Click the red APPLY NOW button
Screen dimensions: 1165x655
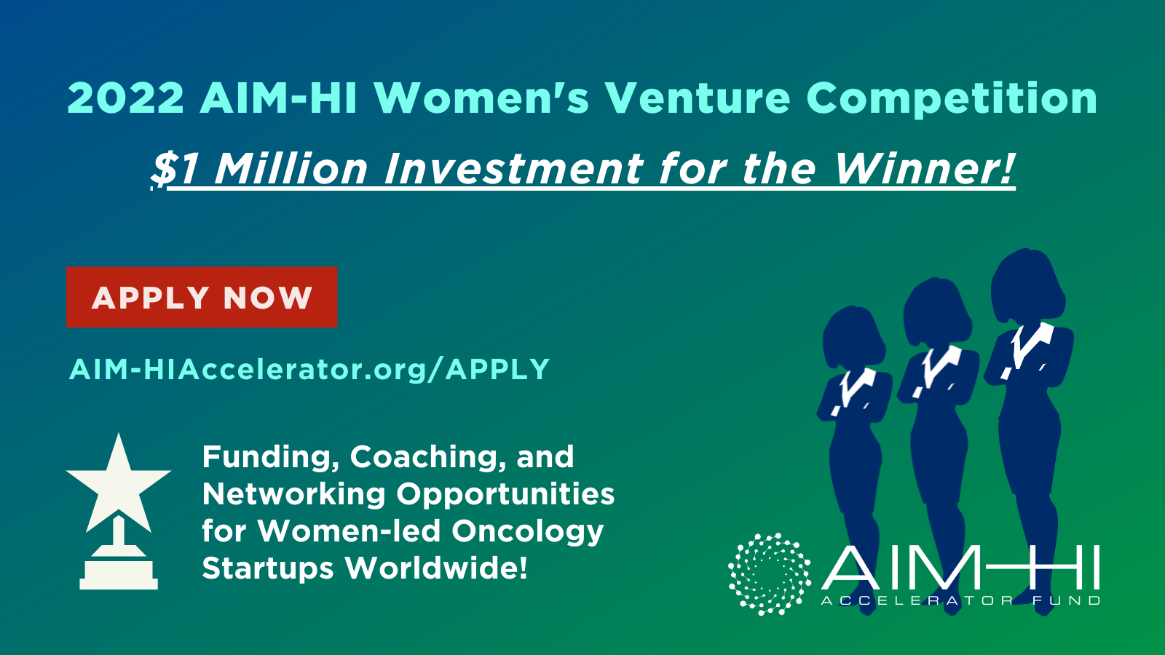click(x=202, y=297)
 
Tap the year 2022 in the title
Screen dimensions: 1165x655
click(x=126, y=98)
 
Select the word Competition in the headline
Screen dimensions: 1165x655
click(x=952, y=99)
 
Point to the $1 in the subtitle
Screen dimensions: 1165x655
click(x=175, y=170)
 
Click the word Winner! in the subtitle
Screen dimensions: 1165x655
click(x=924, y=168)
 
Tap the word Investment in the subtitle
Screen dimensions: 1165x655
click(x=513, y=168)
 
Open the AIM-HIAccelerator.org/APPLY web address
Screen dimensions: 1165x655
click(x=309, y=370)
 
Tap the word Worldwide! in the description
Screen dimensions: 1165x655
click(x=436, y=568)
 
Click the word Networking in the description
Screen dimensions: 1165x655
click(x=293, y=494)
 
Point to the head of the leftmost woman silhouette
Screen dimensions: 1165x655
click(x=853, y=336)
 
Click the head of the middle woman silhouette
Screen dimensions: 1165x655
click(x=937, y=310)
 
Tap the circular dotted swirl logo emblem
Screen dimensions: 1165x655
click(x=770, y=574)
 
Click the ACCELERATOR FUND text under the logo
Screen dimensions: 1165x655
click(x=960, y=601)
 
